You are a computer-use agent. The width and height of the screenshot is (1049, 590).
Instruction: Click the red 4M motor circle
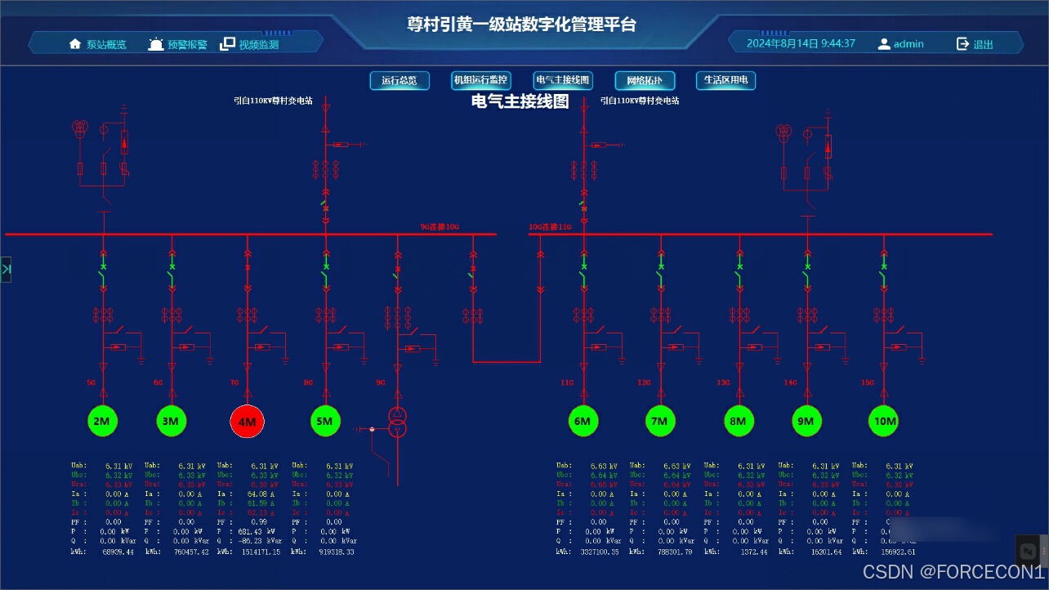[x=248, y=422]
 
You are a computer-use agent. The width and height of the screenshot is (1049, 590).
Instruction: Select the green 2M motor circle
[x=103, y=421]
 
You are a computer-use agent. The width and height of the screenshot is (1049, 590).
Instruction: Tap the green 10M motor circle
[x=883, y=421]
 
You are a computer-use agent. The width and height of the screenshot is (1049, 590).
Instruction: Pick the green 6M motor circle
[x=582, y=421]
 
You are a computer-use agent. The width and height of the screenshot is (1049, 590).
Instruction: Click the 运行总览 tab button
[x=400, y=80]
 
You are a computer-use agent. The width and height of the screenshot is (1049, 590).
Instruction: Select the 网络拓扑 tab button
[x=645, y=80]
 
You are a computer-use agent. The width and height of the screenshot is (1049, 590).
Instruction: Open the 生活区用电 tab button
[x=725, y=80]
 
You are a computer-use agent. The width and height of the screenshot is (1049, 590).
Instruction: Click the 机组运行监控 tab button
[x=481, y=80]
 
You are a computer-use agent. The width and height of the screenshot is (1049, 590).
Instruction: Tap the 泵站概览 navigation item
[x=98, y=44]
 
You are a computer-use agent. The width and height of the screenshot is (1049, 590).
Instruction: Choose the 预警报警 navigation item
[x=178, y=44]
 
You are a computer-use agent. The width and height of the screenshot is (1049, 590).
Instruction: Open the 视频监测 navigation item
[x=250, y=44]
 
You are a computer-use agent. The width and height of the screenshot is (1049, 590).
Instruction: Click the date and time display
[x=801, y=43]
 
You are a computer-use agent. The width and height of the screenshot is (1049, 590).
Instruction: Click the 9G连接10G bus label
[x=440, y=226]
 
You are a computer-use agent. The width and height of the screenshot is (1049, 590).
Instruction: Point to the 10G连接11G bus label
[x=550, y=226]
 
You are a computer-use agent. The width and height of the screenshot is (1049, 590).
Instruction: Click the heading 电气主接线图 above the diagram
[x=520, y=101]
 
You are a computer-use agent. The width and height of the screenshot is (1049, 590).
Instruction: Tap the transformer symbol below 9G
[x=397, y=422]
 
